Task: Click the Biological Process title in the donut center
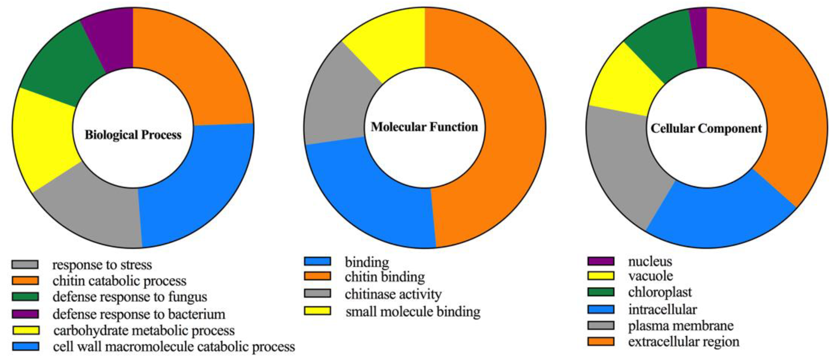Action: point(133,135)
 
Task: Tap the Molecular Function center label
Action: point(424,127)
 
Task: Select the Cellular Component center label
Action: point(706,128)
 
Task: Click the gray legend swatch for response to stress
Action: point(25,265)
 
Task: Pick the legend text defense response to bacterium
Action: point(139,314)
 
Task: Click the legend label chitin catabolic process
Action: point(119,281)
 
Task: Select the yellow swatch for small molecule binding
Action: point(317,311)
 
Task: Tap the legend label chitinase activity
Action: point(393,294)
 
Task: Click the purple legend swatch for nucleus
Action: point(600,261)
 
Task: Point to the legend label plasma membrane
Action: point(681,326)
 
